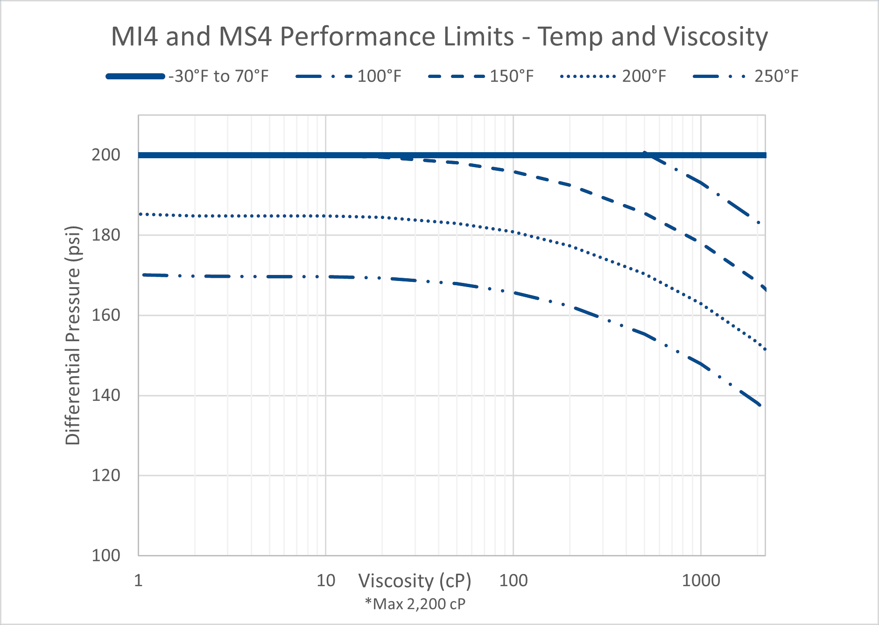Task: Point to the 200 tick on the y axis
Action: pos(106,155)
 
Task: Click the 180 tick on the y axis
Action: pos(106,235)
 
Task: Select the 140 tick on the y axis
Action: pos(106,395)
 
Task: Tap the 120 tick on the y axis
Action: pos(106,476)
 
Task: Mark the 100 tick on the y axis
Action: pos(106,555)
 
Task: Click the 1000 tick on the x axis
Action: pos(701,581)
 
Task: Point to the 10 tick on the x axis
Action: pos(326,581)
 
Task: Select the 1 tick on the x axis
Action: pos(138,581)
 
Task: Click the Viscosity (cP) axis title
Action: pos(415,581)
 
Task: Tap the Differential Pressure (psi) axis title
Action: pos(73,335)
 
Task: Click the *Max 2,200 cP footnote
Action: pos(415,604)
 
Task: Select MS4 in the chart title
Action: pos(245,36)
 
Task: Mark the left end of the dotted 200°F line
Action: pos(141,214)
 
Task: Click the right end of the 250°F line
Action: pos(761,405)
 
